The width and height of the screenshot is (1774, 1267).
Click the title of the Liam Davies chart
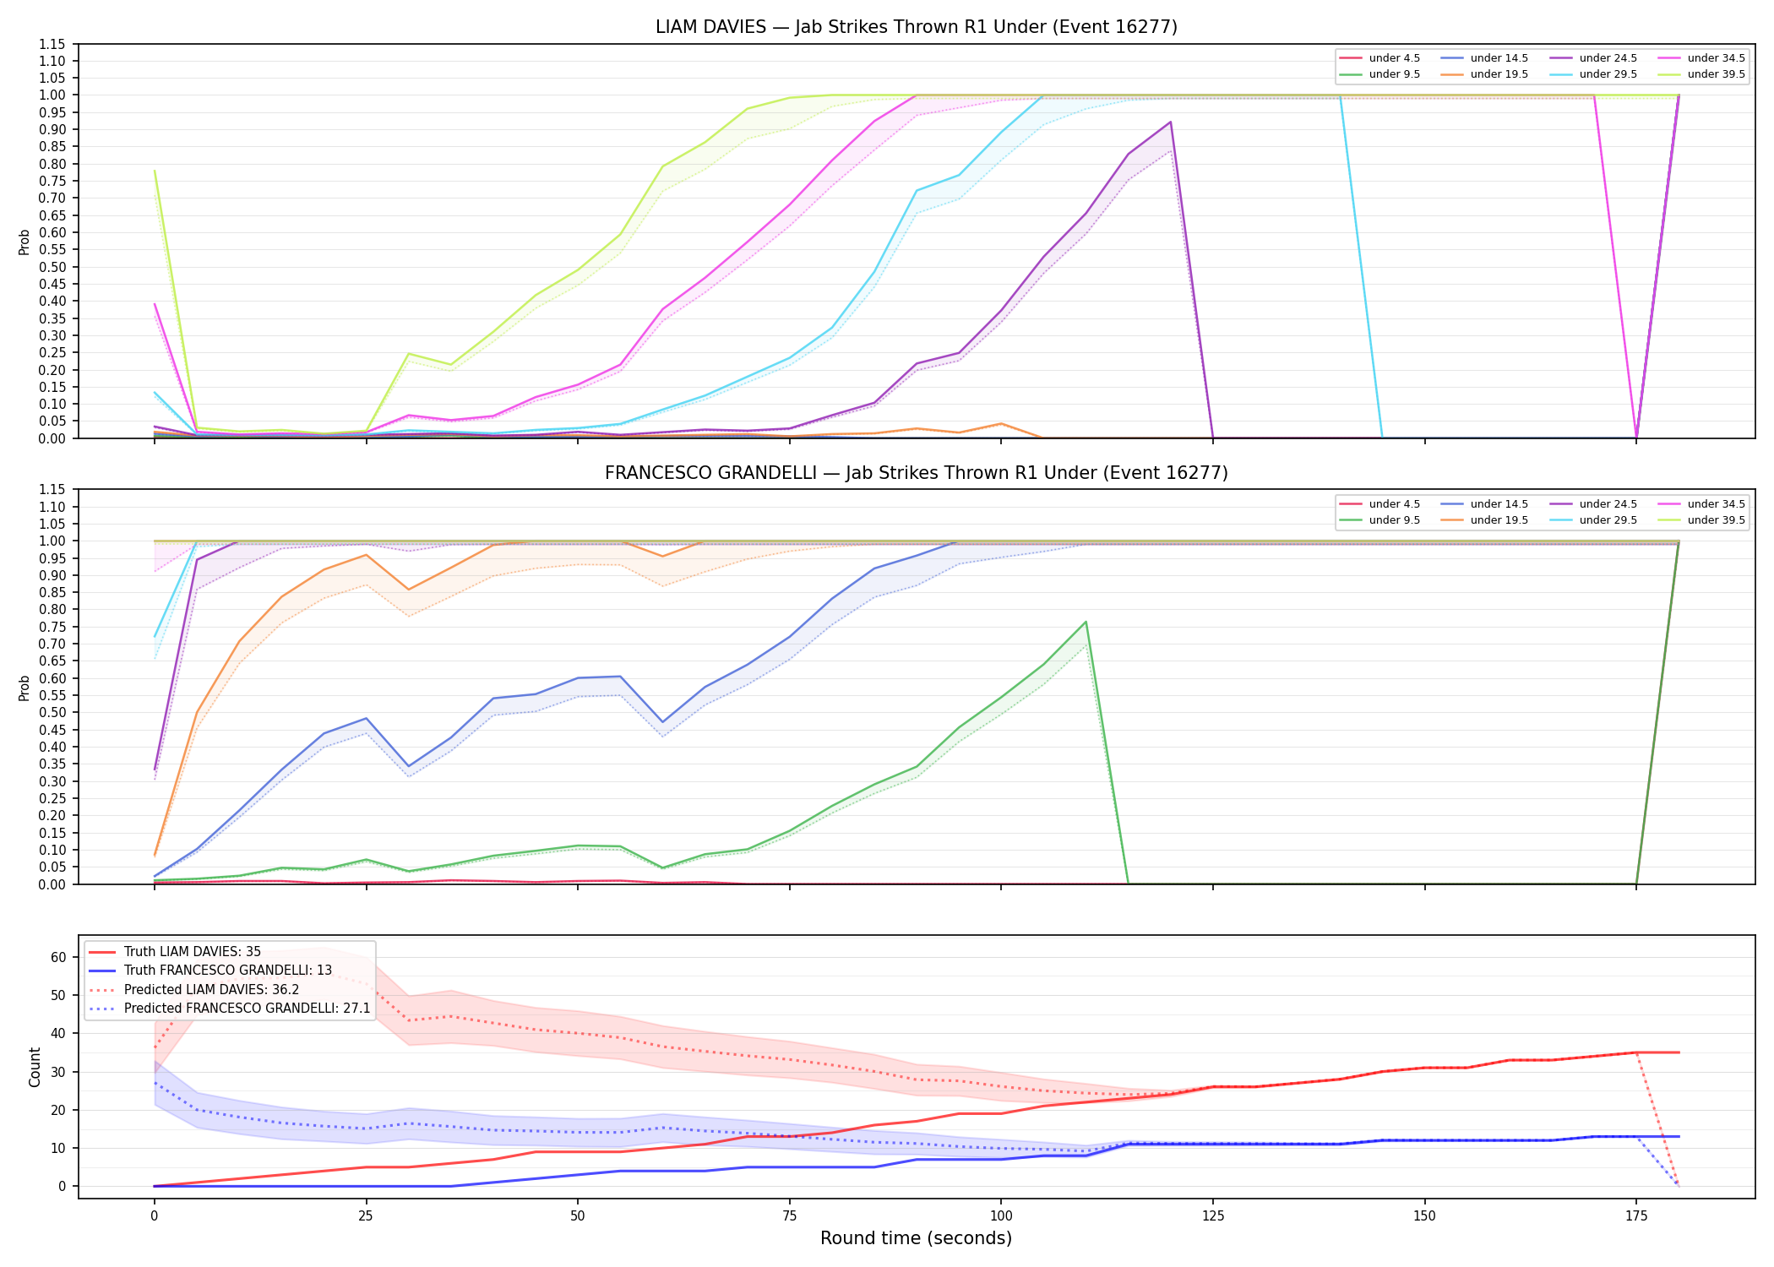pos(916,27)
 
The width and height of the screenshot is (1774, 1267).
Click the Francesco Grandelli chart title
pos(916,473)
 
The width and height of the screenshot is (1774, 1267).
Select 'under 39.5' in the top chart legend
pos(1716,74)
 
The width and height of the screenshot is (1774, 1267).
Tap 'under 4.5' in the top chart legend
pos(1395,58)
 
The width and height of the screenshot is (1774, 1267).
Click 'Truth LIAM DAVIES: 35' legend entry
pos(193,952)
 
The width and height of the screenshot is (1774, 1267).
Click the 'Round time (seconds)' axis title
pos(916,1238)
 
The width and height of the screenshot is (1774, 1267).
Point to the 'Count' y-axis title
pos(35,1067)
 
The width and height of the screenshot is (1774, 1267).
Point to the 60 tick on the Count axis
pos(58,957)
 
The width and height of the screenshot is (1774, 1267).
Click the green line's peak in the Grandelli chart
pos(1086,622)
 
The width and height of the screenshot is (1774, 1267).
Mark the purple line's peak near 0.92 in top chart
pos(1170,122)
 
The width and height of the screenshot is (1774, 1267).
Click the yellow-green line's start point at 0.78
pos(155,171)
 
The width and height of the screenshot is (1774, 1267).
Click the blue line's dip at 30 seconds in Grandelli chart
pos(409,766)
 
